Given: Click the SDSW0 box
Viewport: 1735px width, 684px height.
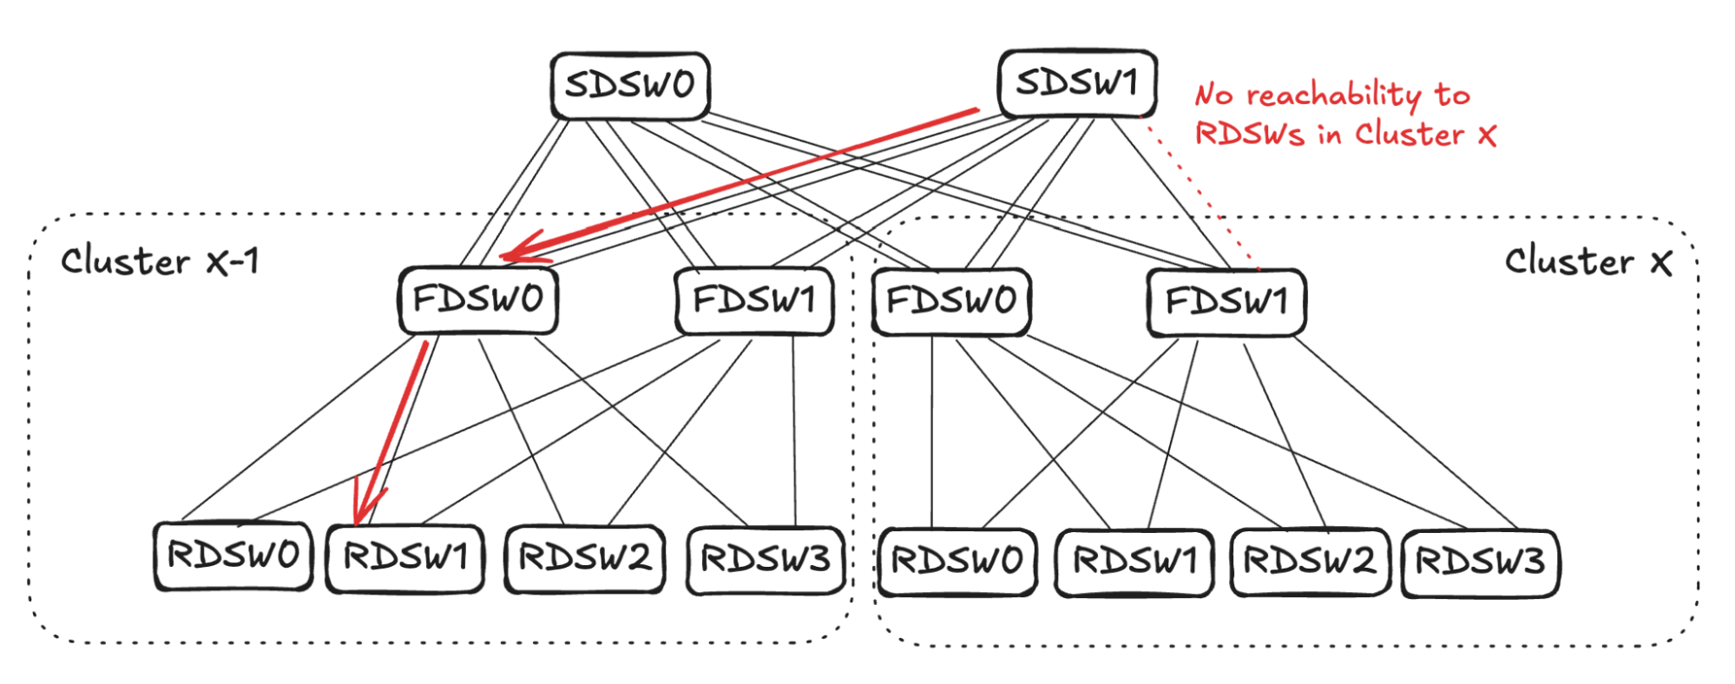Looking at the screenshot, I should (x=630, y=85).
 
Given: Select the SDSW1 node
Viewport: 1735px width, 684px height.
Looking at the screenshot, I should (x=1077, y=83).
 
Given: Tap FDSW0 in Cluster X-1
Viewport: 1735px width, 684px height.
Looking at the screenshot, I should (x=478, y=300).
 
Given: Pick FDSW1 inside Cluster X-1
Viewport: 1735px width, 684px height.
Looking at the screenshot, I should (x=754, y=300).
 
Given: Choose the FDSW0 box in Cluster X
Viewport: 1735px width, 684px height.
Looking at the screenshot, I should (x=951, y=301).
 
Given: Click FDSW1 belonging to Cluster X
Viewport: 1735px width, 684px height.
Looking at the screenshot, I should (x=1226, y=302).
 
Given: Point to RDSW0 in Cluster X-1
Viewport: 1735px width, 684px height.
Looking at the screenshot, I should (x=233, y=556).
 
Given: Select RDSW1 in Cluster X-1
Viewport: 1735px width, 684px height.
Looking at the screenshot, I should (x=405, y=557).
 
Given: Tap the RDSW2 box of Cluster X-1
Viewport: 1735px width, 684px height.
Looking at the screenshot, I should (x=584, y=558).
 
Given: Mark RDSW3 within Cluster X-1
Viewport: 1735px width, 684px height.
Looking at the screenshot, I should (x=766, y=560).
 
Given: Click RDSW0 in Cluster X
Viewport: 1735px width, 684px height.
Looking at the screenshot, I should (x=957, y=562).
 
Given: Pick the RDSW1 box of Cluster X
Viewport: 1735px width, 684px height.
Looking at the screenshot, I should (x=1134, y=562).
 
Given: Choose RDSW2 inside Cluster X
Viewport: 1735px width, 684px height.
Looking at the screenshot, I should (x=1310, y=562).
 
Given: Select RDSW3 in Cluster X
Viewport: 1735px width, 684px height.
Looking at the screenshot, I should (x=1481, y=562).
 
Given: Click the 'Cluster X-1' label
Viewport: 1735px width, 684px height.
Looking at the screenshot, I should (x=160, y=261).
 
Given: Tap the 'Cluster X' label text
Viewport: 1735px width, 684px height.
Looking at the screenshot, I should (x=1587, y=261).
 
